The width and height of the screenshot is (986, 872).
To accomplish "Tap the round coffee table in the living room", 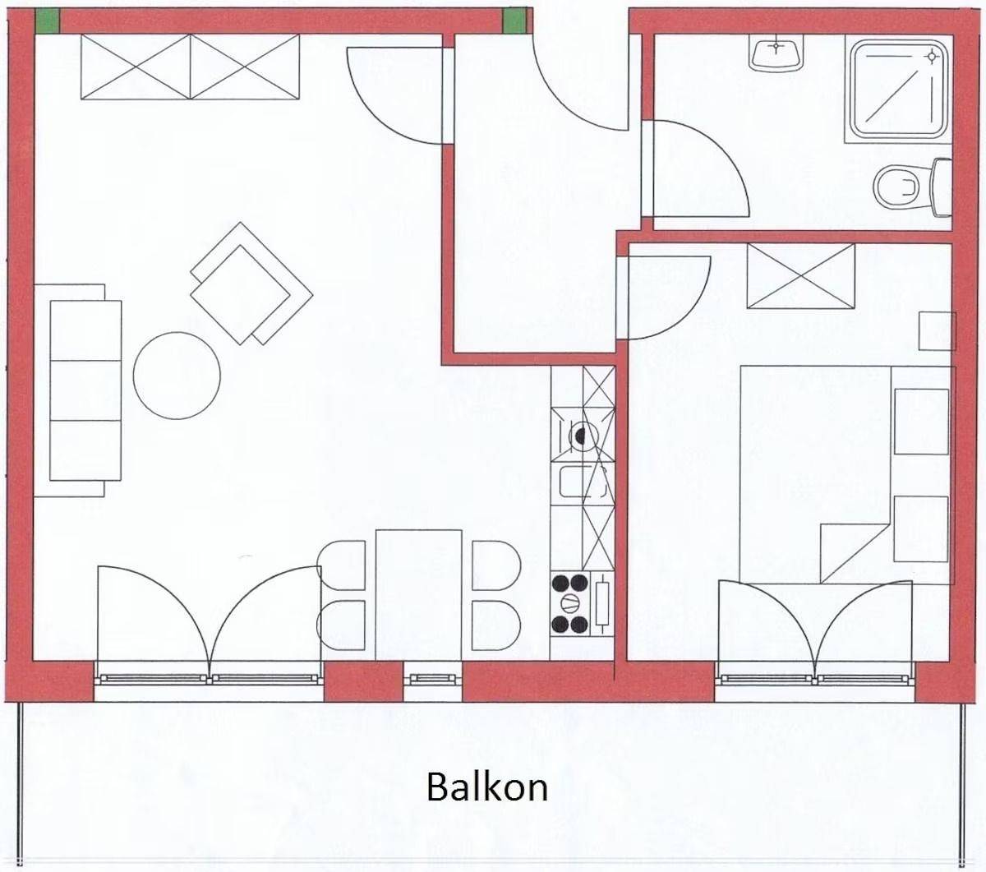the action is (x=177, y=376).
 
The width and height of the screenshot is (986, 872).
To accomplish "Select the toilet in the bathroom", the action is (x=912, y=187).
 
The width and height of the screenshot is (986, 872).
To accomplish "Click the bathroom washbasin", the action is (x=776, y=54).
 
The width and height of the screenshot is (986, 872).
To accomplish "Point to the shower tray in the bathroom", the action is (x=899, y=89).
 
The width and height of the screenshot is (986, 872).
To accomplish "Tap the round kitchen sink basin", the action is (x=582, y=434).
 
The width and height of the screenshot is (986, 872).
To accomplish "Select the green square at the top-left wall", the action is (x=47, y=21).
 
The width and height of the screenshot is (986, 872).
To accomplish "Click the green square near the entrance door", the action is (x=514, y=21).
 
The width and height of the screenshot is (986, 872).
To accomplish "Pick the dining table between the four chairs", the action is (x=418, y=595).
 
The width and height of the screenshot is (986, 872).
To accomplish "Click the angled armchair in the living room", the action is (x=251, y=284).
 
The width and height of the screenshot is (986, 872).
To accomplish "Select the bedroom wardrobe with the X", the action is (x=800, y=276).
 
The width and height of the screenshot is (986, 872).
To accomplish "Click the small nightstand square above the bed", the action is (x=937, y=331).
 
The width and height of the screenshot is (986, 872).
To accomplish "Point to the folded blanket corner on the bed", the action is (x=856, y=553).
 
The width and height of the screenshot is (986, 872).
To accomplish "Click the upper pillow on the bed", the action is (x=922, y=422).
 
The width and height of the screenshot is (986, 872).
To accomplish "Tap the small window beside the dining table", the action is (x=432, y=679).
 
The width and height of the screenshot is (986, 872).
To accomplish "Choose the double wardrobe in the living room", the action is (x=191, y=67).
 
